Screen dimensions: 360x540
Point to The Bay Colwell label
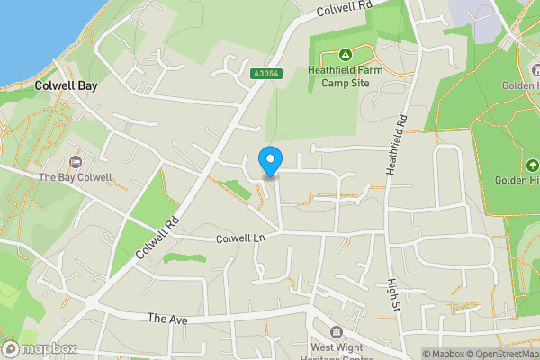click(76, 177)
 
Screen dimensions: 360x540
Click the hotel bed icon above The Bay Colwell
click(76, 161)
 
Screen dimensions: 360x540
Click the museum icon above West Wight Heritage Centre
click(337, 331)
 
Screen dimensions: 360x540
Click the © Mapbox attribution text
click(443, 354)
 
